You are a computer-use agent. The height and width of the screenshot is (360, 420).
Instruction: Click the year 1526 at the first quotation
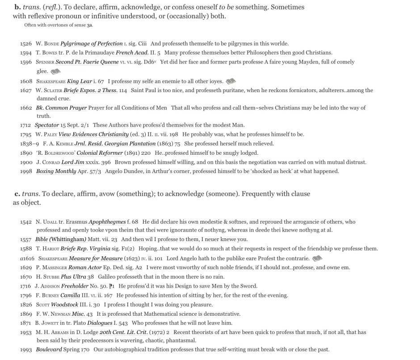[x=26, y=44]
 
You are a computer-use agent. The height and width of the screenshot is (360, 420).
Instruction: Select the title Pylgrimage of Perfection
[x=92, y=44]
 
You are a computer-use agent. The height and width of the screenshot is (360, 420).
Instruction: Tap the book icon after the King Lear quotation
[x=231, y=81]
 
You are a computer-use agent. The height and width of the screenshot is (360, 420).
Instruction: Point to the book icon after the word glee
[x=55, y=72]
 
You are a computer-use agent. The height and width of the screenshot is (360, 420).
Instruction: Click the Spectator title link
[x=47, y=125]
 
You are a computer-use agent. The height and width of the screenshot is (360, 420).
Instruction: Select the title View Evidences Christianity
[x=100, y=134]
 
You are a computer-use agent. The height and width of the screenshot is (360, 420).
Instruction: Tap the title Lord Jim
[x=74, y=162]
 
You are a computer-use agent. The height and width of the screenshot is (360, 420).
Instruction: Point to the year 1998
[x=26, y=171]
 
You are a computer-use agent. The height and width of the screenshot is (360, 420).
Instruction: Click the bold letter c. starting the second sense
[x=17, y=194]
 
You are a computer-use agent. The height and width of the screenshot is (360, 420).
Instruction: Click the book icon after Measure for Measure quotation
[x=317, y=258]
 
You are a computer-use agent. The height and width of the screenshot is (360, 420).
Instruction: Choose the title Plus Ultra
[x=73, y=277]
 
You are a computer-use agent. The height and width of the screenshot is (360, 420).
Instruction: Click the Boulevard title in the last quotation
[x=49, y=349]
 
